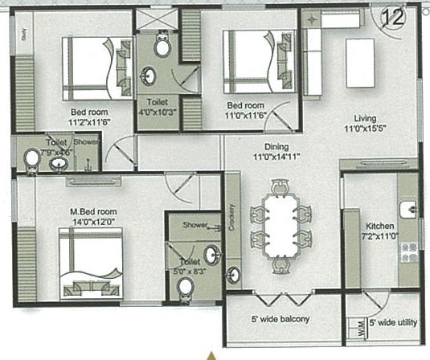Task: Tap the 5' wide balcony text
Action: coord(281,320)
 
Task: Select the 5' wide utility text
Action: coord(395,322)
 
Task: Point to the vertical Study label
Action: coord(25,35)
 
